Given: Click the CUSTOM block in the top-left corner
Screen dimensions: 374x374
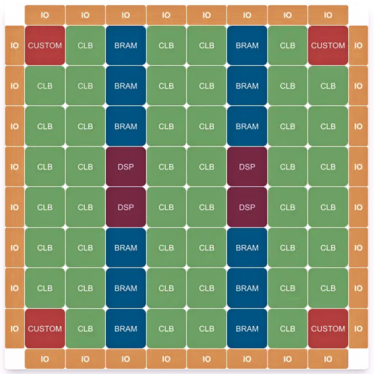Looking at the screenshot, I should [x=45, y=45].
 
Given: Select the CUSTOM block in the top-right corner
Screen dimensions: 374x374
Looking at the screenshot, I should [x=328, y=45].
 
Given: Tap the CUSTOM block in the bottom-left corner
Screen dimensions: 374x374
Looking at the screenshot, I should [x=45, y=329].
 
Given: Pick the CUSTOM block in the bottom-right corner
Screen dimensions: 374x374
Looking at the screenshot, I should [x=328, y=329].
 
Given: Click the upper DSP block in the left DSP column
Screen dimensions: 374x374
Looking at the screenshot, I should [x=126, y=167].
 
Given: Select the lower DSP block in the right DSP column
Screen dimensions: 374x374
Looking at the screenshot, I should [x=247, y=208].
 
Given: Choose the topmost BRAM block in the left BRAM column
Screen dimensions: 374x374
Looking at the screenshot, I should [x=126, y=45].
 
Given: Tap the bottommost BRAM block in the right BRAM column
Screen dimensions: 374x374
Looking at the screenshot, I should [x=247, y=329].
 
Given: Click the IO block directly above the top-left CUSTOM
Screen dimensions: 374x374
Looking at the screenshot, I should [x=45, y=15].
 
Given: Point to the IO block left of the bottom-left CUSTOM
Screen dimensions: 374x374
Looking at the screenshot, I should [x=14, y=329].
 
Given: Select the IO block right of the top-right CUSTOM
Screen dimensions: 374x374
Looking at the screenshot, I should [x=358, y=45].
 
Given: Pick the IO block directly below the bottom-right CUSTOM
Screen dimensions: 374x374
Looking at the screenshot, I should [x=328, y=359].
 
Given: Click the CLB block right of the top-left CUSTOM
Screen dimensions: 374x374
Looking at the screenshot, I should [x=85, y=45].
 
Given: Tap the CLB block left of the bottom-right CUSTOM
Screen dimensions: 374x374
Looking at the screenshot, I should [x=288, y=329].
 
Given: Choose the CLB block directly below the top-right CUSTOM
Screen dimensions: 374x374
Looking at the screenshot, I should [x=328, y=86].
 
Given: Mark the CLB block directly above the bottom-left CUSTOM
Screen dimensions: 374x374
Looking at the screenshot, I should [x=45, y=288].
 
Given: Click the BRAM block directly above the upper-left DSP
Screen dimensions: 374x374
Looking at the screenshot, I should [x=126, y=126].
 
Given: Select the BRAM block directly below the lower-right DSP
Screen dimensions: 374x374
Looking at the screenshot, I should [x=247, y=248].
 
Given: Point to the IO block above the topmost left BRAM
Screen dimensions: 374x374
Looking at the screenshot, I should [x=126, y=15].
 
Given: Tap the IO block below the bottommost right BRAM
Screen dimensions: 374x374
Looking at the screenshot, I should [x=247, y=359].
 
